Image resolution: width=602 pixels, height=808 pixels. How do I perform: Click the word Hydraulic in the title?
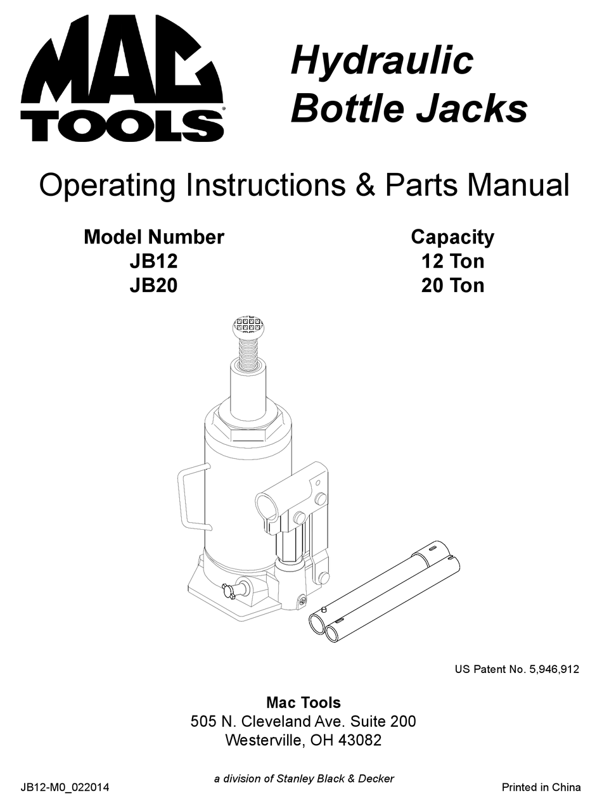pos(381,61)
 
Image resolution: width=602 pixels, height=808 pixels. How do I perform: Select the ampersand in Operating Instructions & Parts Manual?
pos(357,186)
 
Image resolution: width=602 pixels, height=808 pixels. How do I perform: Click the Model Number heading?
pos(153,237)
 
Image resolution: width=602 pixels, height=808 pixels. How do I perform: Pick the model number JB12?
pos(153,261)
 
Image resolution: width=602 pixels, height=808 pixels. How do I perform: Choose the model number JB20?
pos(153,285)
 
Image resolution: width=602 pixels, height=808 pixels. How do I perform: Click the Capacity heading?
pos(452,237)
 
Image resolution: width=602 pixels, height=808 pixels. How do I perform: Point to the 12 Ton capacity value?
pos(452,261)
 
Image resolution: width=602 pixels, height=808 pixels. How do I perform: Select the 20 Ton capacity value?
pos(452,285)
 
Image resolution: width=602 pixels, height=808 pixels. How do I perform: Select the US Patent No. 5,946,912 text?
pos(516,669)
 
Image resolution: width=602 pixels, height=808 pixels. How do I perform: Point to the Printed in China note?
pos(541,788)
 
